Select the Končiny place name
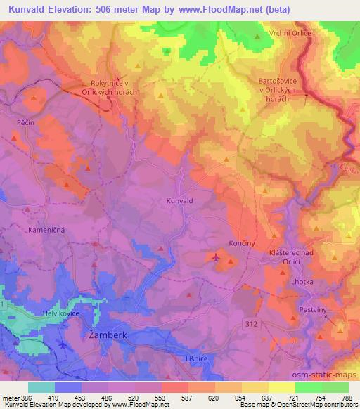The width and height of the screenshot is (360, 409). click(x=241, y=242)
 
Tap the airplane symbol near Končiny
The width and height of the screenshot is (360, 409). click(x=216, y=261)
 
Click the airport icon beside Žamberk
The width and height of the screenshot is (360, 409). click(x=65, y=345)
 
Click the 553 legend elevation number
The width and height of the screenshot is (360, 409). click(x=160, y=397)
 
